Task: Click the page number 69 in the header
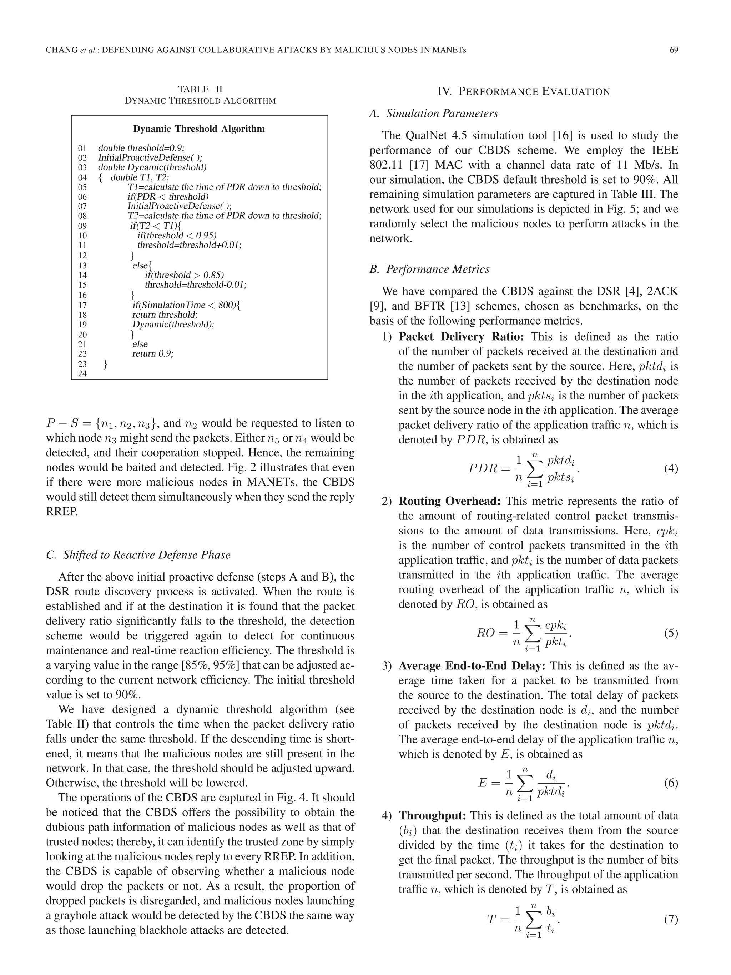673,50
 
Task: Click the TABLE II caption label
200,90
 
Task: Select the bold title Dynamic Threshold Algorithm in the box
199,129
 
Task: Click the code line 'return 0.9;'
153,353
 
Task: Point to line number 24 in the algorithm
82,374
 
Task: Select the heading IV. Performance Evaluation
524,92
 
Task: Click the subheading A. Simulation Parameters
434,114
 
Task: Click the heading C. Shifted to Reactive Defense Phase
138,554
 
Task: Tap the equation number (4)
671,468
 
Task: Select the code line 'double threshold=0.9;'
141,148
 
